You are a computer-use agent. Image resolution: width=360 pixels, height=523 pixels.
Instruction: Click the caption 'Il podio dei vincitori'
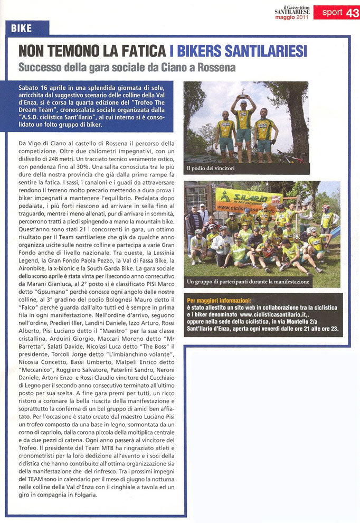[207, 169]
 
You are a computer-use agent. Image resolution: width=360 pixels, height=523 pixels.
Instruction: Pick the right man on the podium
[263, 129]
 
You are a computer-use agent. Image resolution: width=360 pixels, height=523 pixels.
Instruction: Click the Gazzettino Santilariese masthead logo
[291, 9]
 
